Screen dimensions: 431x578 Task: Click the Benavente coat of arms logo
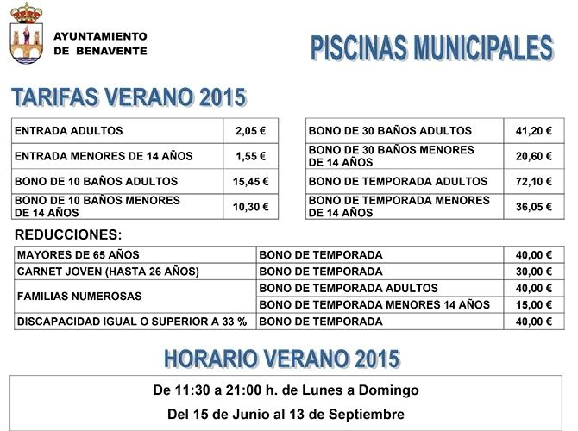[x=26, y=35]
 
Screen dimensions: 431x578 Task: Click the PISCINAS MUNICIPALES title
[x=431, y=48]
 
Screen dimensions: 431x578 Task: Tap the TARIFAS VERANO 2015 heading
[x=129, y=97]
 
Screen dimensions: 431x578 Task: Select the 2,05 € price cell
[x=250, y=131]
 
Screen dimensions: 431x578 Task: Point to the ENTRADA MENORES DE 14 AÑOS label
[x=104, y=156]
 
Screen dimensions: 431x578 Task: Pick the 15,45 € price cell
[x=250, y=181]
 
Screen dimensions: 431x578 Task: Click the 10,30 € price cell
[x=250, y=207]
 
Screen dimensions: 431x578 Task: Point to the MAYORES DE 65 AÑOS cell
[x=78, y=255]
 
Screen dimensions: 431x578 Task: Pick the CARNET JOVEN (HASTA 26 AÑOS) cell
[x=108, y=272]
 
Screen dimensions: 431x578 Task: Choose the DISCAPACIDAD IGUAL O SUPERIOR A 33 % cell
[x=132, y=322]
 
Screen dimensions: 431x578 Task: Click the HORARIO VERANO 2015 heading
[x=281, y=358]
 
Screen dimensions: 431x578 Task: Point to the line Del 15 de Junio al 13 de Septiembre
[x=286, y=414]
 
